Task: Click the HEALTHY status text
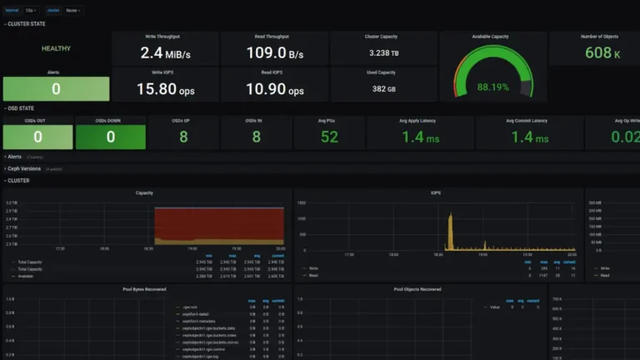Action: pyautogui.click(x=56, y=48)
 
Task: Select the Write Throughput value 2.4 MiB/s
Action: pyautogui.click(x=165, y=53)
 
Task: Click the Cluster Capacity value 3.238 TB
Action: pyautogui.click(x=383, y=53)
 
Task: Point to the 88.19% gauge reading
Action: pyautogui.click(x=493, y=87)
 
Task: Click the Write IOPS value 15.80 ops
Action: pyautogui.click(x=165, y=89)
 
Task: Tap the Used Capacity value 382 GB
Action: pyautogui.click(x=383, y=89)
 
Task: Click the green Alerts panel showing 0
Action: pyautogui.click(x=56, y=89)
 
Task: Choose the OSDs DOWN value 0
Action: pyautogui.click(x=111, y=137)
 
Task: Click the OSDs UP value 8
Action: pyautogui.click(x=183, y=137)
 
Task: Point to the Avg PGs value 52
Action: pyautogui.click(x=329, y=137)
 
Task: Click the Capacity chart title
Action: pyautogui.click(x=144, y=193)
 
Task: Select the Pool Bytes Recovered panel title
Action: pyautogui.click(x=144, y=290)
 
